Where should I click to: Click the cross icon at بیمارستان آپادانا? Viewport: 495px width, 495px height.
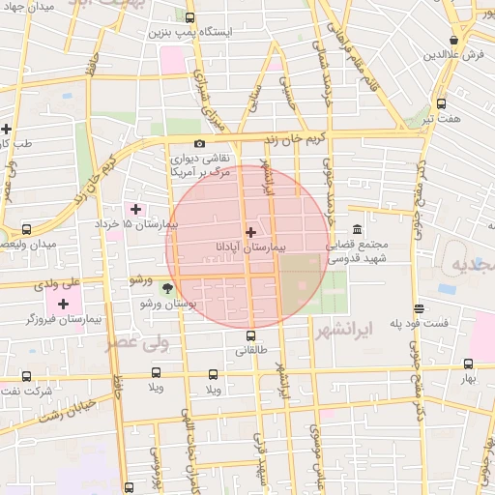pos(251,232)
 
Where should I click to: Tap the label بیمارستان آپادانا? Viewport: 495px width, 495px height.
pos(252,248)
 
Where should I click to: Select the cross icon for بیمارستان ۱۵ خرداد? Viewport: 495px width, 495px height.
pos(135,209)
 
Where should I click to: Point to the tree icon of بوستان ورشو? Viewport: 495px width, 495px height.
pos(167,287)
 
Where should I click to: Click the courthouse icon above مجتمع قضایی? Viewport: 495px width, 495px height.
pos(358,229)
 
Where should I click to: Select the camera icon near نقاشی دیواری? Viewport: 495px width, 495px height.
pos(200,144)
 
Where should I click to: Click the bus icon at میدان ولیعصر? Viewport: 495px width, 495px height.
pos(25,230)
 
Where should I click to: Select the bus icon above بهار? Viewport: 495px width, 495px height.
pos(469,364)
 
